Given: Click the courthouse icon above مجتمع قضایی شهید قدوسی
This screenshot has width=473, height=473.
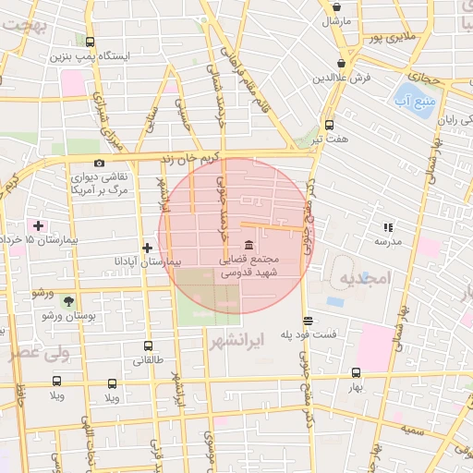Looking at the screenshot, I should pyautogui.click(x=250, y=245).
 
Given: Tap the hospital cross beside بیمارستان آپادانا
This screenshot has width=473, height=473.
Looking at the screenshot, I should pyautogui.click(x=148, y=248).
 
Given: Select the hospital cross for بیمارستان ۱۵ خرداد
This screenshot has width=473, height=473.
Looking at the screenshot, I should pyautogui.click(x=38, y=225).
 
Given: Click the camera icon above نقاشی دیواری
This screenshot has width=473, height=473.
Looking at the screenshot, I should pyautogui.click(x=99, y=163).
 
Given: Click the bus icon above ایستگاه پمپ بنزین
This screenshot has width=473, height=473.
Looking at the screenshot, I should pyautogui.click(x=90, y=42).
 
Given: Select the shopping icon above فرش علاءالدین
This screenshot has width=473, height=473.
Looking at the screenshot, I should pyautogui.click(x=342, y=63).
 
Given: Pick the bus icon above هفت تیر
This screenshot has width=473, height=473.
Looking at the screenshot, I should pyautogui.click(x=330, y=124).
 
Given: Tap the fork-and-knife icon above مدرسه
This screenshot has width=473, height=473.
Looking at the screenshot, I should pyautogui.click(x=388, y=226).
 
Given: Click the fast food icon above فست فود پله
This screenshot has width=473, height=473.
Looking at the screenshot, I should pyautogui.click(x=308, y=321).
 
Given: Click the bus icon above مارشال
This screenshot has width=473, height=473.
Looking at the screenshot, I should pyautogui.click(x=335, y=6).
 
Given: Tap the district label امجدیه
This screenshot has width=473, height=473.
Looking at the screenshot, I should pyautogui.click(x=366, y=278).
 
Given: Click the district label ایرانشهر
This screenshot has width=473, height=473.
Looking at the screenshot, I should pyautogui.click(x=263, y=339).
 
